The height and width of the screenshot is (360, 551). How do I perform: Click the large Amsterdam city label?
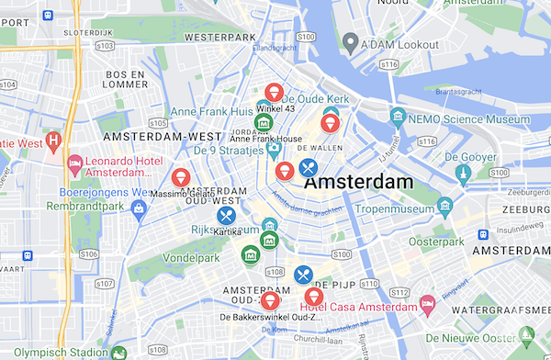pyautogui.click(x=358, y=183)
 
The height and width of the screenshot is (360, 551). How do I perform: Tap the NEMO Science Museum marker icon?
pyautogui.click(x=398, y=116)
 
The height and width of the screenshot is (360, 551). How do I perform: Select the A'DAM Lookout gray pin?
pyautogui.click(x=350, y=42)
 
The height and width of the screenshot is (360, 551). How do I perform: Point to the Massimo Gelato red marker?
pyautogui.click(x=181, y=176)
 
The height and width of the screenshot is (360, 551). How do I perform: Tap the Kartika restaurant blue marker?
pyautogui.click(x=226, y=216)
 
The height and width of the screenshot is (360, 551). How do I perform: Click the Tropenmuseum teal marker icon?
pyautogui.click(x=445, y=204)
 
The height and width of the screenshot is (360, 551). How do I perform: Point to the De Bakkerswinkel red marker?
pyautogui.click(x=269, y=300)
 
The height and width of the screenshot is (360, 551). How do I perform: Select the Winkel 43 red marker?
pyautogui.click(x=273, y=92)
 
